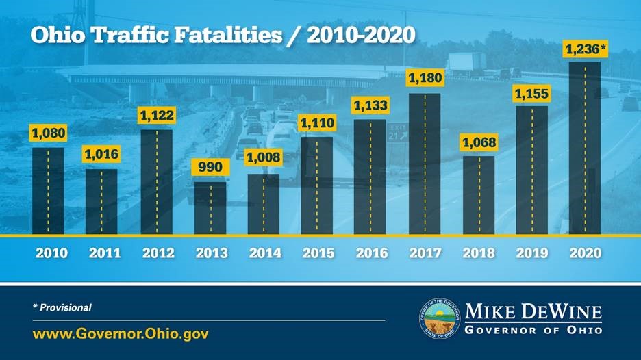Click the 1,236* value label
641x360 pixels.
click(x=586, y=49)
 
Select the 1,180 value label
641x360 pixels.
click(x=425, y=79)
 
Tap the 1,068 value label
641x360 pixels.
click(x=479, y=143)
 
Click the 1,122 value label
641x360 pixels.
click(x=157, y=116)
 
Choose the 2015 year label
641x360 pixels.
click(x=318, y=253)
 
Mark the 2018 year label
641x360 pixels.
click(x=479, y=253)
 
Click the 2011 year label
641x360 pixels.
click(x=103, y=253)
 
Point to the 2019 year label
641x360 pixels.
click(x=532, y=253)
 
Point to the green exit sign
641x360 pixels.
click(x=397, y=132)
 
